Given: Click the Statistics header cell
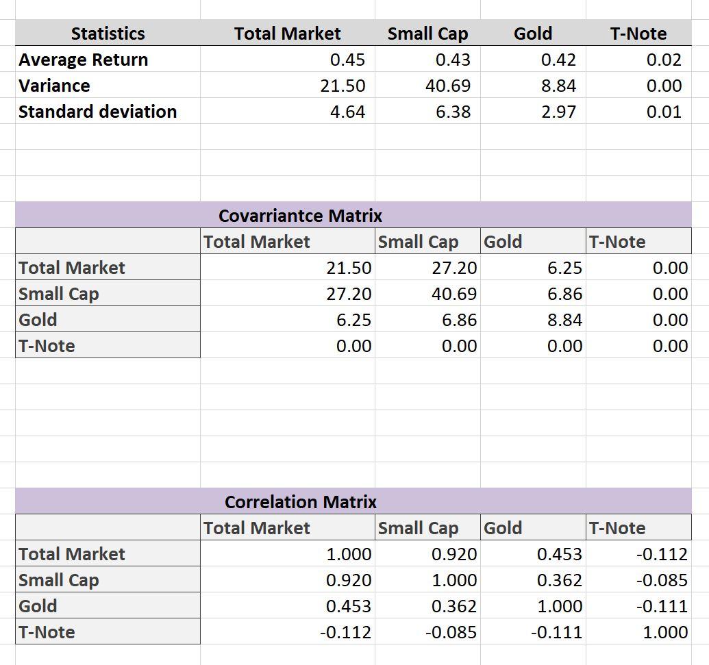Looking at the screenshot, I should point(108,34).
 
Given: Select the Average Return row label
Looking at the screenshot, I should point(83,60).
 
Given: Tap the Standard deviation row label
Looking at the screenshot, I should point(97,112).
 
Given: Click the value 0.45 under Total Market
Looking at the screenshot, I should point(347,60).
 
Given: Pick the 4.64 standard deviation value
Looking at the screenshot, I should point(347,112).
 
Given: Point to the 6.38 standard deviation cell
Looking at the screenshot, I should point(453,112).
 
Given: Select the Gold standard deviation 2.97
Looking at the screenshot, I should point(558,112).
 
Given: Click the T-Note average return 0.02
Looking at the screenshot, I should point(664,60).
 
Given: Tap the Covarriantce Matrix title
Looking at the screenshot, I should point(300,216).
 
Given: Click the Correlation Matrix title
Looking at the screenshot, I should point(300,502).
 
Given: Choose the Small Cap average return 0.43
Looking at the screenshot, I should point(453,60).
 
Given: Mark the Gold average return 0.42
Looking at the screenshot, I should point(558,60).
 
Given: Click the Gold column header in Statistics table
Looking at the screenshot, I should point(533,34).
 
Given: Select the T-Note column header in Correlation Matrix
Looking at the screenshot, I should point(617,528).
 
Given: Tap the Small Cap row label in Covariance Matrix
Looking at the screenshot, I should point(59,294).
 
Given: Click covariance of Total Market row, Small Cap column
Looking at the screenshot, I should point(454,268).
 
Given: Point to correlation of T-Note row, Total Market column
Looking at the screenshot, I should point(345,632).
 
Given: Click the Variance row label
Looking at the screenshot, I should point(54,86).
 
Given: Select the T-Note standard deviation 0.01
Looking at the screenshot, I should point(664,112).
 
